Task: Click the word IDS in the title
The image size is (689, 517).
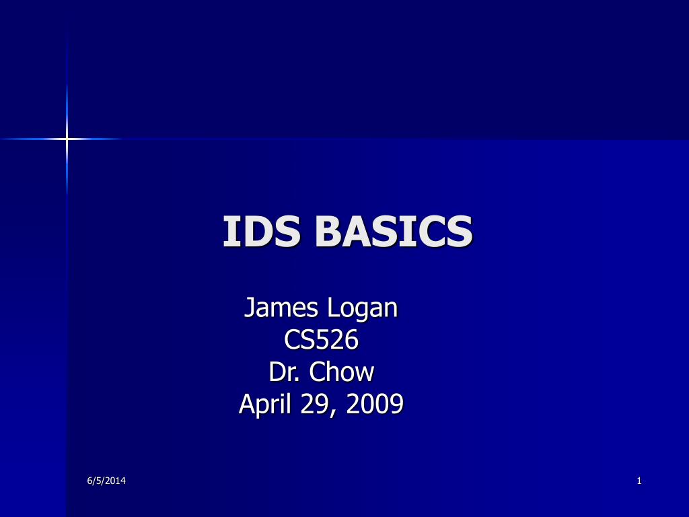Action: coord(262,231)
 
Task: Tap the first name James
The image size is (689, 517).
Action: coord(281,307)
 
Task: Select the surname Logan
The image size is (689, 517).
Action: coord(363,308)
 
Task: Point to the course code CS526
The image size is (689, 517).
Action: coord(321,339)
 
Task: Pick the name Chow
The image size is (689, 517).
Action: coord(341,372)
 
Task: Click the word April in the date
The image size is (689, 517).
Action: coord(265,404)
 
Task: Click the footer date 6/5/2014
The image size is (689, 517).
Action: coord(106,481)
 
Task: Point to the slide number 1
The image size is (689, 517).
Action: coord(639,481)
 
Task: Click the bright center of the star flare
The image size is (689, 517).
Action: coord(67,139)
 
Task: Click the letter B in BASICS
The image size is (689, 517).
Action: coord(328,232)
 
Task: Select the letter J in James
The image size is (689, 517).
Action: coord(249,307)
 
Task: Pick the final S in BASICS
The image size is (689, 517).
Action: coord(460,232)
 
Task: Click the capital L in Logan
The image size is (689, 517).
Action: coord(333,307)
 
